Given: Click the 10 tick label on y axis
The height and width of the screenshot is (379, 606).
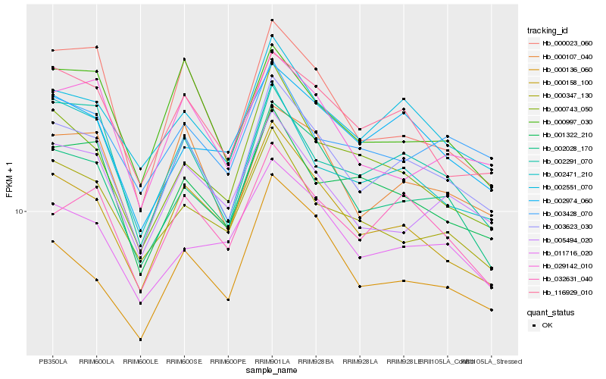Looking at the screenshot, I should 20,211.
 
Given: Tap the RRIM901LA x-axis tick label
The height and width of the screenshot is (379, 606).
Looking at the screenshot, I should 272,361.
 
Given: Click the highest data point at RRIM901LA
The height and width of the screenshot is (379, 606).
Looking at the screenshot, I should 272,20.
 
